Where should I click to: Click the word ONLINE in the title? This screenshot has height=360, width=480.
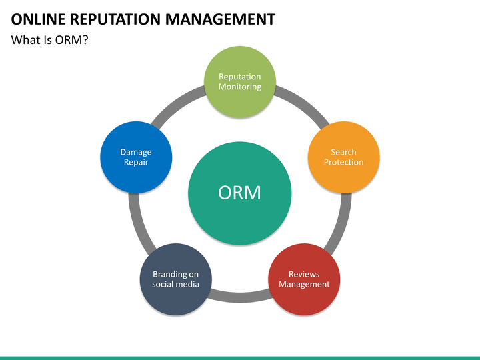point(38,19)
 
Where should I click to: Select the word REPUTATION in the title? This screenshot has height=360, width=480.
point(115,19)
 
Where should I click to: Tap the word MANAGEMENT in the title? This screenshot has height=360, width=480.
point(221,19)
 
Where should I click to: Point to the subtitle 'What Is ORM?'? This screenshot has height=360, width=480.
point(49,40)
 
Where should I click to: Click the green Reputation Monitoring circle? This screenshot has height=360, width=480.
point(240,82)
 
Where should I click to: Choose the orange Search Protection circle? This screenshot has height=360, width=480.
point(344,157)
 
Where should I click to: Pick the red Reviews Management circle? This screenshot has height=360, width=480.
point(304,279)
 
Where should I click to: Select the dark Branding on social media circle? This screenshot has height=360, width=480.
point(176,279)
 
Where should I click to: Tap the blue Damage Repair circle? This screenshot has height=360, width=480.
point(136,157)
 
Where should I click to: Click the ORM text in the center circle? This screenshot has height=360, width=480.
point(240,193)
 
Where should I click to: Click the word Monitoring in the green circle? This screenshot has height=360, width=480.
point(240,87)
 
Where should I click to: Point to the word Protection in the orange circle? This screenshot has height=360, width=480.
point(344,162)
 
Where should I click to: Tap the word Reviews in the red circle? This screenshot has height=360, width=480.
point(304,274)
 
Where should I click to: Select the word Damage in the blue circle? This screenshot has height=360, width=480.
point(136,152)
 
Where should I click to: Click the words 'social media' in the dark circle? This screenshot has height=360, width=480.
point(176,285)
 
